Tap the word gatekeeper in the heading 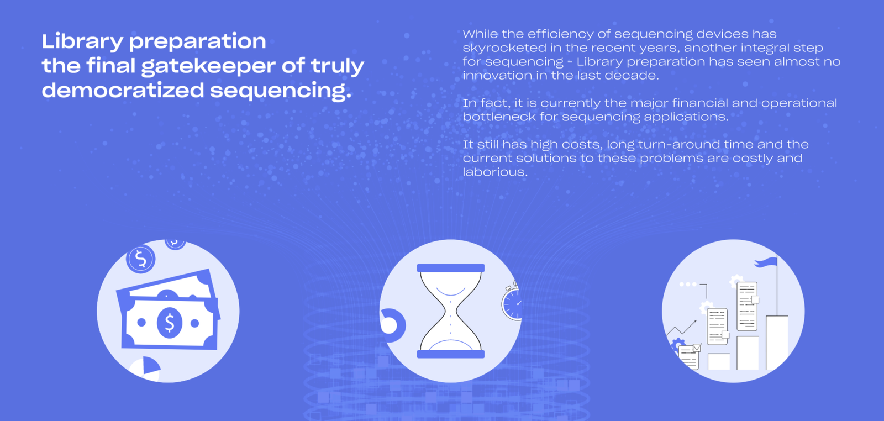pos(208,66)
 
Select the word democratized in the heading pos(123,91)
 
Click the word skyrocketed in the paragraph pos(512,48)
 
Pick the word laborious pos(495,172)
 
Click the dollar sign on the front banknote pos(170,322)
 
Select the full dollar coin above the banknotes pos(140,259)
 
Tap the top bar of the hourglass pos(451,268)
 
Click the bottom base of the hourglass pos(451,354)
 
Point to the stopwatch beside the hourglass pos(512,302)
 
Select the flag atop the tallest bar pos(766,262)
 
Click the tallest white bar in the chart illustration pos(777,343)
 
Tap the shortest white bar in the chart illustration pos(719,362)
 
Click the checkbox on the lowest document pos(697,348)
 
